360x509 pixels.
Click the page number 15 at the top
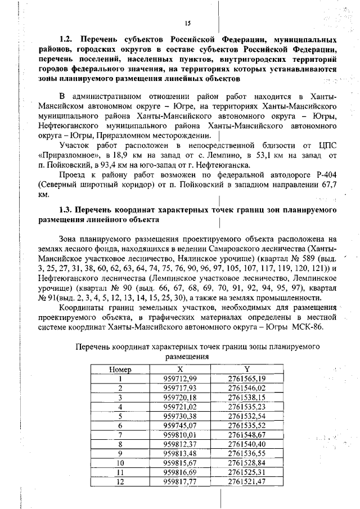188,23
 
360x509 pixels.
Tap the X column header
179,370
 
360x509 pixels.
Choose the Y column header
246,370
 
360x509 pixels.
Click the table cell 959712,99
179,379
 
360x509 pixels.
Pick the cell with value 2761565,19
247,379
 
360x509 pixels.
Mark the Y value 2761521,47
247,481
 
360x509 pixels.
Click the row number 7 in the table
120,435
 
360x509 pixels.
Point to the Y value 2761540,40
247,444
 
